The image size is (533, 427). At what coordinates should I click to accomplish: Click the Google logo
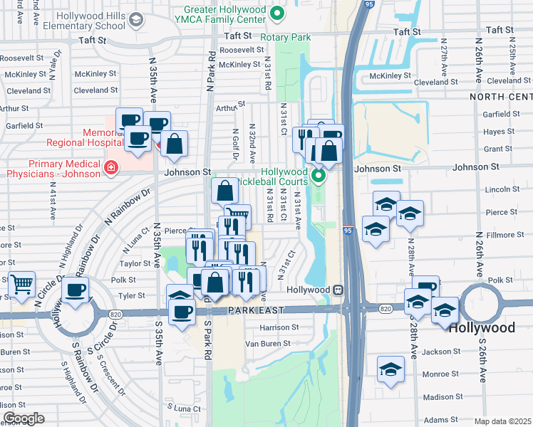coord(24,418)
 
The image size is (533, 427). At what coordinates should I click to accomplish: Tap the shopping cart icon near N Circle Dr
coord(21,283)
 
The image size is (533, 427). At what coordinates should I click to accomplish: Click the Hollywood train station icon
coord(339,290)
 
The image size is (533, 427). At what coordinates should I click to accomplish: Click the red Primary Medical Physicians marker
coord(110,167)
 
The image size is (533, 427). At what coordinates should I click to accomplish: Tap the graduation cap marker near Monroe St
coord(390,369)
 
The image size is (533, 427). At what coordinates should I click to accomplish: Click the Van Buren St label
coord(268,343)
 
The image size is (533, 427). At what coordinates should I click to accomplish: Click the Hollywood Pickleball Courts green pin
coord(319,174)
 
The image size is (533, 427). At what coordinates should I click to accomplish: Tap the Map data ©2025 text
coord(502,421)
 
